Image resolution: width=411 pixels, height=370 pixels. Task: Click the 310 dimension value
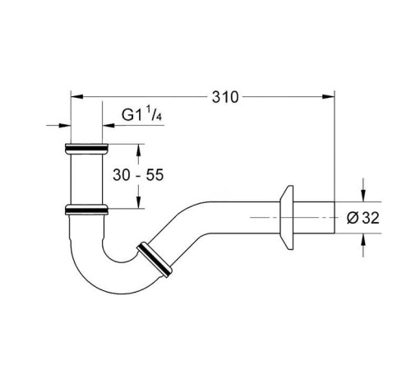click(225, 97)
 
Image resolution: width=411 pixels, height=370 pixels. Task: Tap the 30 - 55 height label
click(138, 174)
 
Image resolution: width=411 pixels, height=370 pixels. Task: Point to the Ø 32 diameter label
click(363, 218)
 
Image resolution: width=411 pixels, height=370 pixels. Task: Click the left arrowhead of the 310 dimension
click(77, 96)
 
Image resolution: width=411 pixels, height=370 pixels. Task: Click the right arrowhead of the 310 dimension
click(328, 96)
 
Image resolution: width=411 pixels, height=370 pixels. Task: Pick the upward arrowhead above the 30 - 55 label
click(138, 150)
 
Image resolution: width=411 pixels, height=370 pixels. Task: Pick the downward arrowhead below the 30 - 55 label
click(138, 202)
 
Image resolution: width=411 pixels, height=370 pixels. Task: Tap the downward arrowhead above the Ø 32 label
click(363, 196)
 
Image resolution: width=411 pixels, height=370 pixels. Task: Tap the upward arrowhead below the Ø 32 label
click(363, 240)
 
